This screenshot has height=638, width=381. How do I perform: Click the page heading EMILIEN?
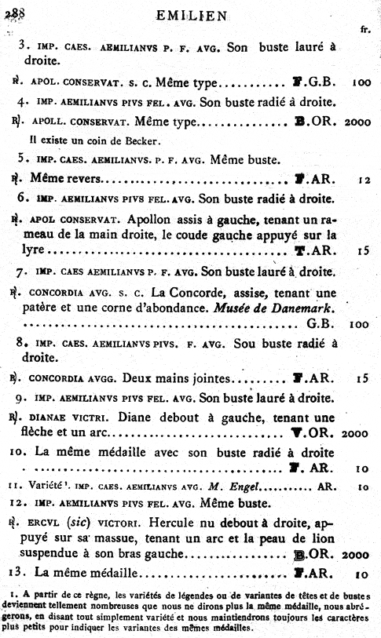pyautogui.click(x=192, y=14)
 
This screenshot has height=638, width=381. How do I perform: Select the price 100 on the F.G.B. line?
pyautogui.click(x=361, y=82)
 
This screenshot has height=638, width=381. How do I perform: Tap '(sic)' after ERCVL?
pyautogui.click(x=74, y=523)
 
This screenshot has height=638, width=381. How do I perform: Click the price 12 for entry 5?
pyautogui.click(x=362, y=179)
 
